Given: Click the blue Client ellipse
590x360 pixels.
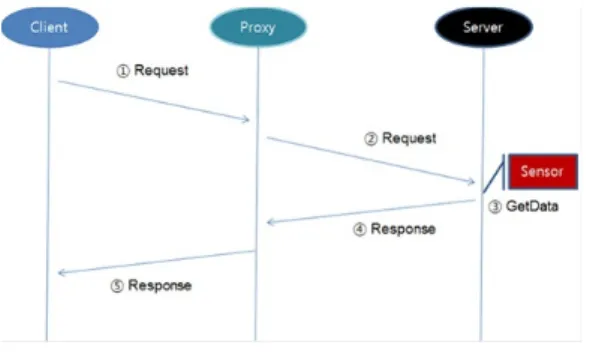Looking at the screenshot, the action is tap(50, 27).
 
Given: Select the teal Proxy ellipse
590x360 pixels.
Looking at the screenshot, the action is tap(258, 27).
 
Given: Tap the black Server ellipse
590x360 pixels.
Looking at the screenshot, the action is tap(484, 27).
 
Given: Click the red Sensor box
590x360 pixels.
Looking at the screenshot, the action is tap(543, 172).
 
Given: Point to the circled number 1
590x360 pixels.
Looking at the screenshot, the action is tap(123, 71).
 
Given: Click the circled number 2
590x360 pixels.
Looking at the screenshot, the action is tap(371, 139).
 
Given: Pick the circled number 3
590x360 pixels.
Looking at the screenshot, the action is tap(495, 207).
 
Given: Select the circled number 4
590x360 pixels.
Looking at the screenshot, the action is tap(360, 229).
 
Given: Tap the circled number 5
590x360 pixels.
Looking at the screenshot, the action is tap(117, 286).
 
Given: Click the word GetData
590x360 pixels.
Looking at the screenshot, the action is tap(532, 206).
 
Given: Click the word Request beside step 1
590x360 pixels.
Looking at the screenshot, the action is tap(161, 70).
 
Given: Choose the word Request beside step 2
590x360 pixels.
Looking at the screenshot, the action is tap(409, 138).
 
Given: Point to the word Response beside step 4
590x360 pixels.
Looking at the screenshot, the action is tap(403, 229).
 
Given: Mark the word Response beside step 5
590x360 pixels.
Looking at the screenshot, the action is tap(160, 285).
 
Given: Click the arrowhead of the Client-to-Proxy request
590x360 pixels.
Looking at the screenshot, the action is tap(246, 120).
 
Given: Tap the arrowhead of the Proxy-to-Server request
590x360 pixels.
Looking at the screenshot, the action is tap(471, 182).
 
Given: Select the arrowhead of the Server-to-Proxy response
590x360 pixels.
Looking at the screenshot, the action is tap(270, 222).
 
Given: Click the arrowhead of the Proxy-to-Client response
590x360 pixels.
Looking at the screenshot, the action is tap(61, 272).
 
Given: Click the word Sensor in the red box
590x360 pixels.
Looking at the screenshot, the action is tap(542, 172).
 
